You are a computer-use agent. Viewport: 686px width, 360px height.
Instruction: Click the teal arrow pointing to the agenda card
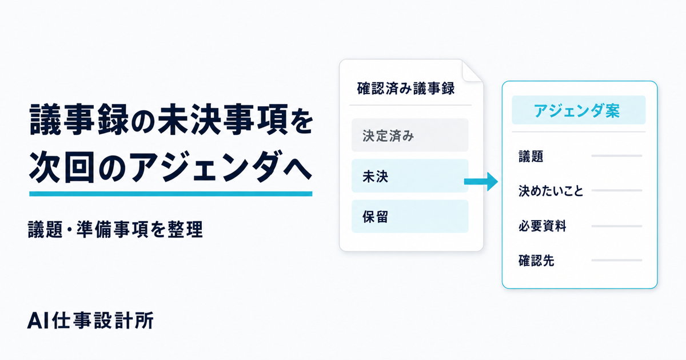coord(481,182)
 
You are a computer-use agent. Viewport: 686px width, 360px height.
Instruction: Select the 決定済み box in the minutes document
coord(410,135)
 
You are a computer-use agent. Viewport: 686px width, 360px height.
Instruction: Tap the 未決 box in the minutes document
coord(410,176)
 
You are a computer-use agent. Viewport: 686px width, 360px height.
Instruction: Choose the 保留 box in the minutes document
coord(410,217)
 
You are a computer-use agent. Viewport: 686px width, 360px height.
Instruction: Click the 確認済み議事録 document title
coord(406,89)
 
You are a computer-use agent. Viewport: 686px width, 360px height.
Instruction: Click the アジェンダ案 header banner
coord(579,110)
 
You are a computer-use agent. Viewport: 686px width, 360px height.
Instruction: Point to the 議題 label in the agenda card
coord(531,156)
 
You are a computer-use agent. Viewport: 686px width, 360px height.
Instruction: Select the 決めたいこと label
coord(551,191)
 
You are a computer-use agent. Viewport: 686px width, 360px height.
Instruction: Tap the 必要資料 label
coord(543,226)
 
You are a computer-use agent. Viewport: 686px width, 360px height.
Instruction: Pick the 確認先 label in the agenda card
coord(536,261)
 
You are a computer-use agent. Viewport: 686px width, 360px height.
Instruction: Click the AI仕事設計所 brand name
coord(90,321)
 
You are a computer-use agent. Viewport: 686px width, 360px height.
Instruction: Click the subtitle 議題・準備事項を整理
coord(115,229)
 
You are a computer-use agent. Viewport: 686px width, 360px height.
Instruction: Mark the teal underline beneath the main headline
coord(170,194)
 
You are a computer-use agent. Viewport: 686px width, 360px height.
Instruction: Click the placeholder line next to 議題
coord(616,156)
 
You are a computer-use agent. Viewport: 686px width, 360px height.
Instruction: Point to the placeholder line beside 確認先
coord(616,260)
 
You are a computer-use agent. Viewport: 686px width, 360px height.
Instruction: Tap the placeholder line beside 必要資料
coord(616,226)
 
